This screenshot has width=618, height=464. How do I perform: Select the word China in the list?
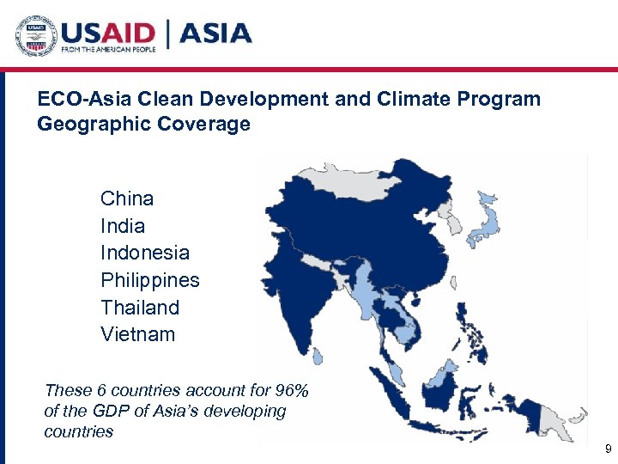click(127, 198)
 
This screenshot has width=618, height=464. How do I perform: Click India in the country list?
click(123, 226)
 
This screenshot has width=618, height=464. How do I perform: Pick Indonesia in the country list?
click(145, 253)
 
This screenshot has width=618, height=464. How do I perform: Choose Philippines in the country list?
click(149, 280)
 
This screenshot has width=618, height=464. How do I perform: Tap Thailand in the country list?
click(140, 308)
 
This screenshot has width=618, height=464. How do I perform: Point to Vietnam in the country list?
click(137, 334)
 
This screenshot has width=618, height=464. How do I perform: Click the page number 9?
click(608, 449)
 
